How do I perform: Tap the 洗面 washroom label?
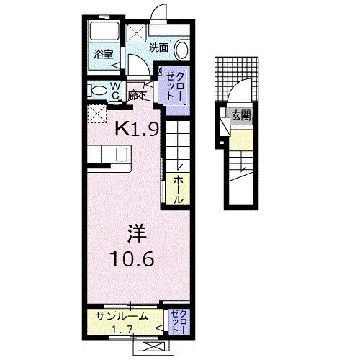pyautogui.click(x=158, y=48)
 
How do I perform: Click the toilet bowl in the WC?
pyautogui.click(x=96, y=91)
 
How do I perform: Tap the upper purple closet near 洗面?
pyautogui.click(x=174, y=88)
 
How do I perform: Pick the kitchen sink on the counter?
pyautogui.click(x=119, y=154)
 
